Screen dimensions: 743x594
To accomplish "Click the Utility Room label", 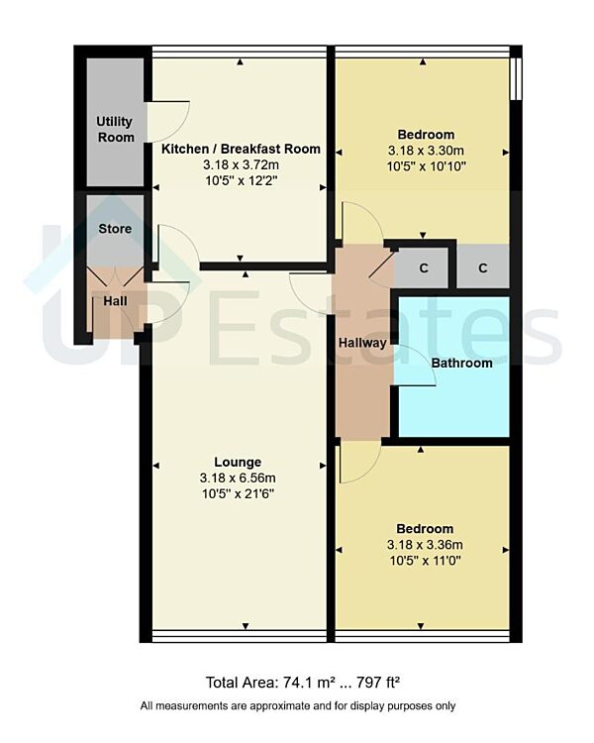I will pyautogui.click(x=115, y=129).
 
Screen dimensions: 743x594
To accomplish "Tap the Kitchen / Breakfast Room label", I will pyautogui.click(x=241, y=149).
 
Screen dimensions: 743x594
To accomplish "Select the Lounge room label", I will pyautogui.click(x=238, y=462).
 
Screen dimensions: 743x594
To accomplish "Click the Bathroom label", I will pyautogui.click(x=461, y=363).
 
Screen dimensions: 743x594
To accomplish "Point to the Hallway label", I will pyautogui.click(x=362, y=343).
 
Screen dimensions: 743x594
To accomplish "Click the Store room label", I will pyautogui.click(x=115, y=229).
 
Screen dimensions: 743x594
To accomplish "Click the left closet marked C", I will pyautogui.click(x=424, y=268).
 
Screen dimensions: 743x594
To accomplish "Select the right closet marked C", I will pyautogui.click(x=483, y=268).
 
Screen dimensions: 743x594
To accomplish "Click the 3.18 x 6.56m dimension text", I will pyautogui.click(x=238, y=478).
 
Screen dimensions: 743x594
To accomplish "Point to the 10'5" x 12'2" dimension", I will pyautogui.click(x=241, y=181).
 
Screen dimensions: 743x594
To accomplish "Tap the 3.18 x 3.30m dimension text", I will pyautogui.click(x=426, y=151).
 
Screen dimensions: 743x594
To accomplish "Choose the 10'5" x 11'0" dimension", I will pyautogui.click(x=426, y=561).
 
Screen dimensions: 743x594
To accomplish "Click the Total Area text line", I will pyautogui.click(x=302, y=682).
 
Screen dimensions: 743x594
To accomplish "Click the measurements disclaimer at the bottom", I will pyautogui.click(x=298, y=706).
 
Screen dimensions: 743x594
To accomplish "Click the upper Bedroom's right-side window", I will pyautogui.click(x=515, y=75).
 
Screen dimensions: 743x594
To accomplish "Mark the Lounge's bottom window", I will pyautogui.click(x=240, y=634).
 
